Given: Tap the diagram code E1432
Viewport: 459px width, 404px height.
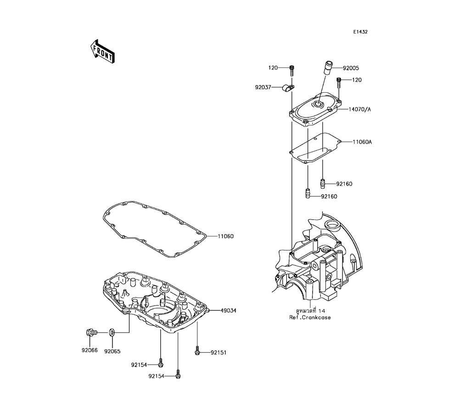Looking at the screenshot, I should pos(360,32).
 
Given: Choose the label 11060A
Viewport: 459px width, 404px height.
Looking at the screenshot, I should pos(362,142).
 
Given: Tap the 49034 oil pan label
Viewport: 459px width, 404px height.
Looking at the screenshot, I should pos(228,310).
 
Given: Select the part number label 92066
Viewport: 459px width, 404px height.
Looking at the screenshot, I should pos(90,351).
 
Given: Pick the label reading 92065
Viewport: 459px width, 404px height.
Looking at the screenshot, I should pos(112,351).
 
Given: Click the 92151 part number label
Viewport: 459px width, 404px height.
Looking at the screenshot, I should pos(219,353).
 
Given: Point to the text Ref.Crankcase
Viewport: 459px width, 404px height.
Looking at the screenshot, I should pos(310,317).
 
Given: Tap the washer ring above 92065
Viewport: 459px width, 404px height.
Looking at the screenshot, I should pos(112,331).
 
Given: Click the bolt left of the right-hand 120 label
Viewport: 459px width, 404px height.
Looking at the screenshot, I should pos(339,82).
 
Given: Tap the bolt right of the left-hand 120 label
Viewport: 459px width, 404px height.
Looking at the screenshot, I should pos(291,70).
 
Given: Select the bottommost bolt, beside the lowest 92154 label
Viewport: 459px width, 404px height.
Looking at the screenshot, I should pos(178,375).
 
